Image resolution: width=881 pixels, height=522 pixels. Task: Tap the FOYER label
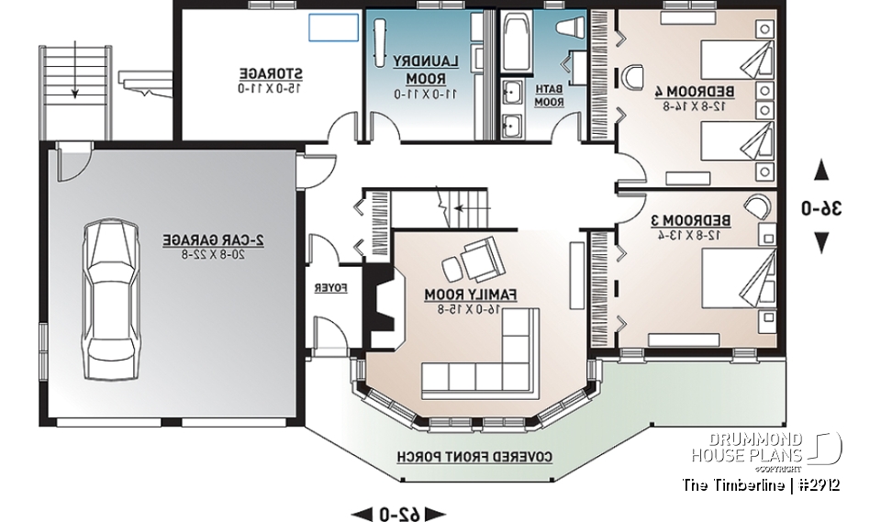(x=330, y=288)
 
